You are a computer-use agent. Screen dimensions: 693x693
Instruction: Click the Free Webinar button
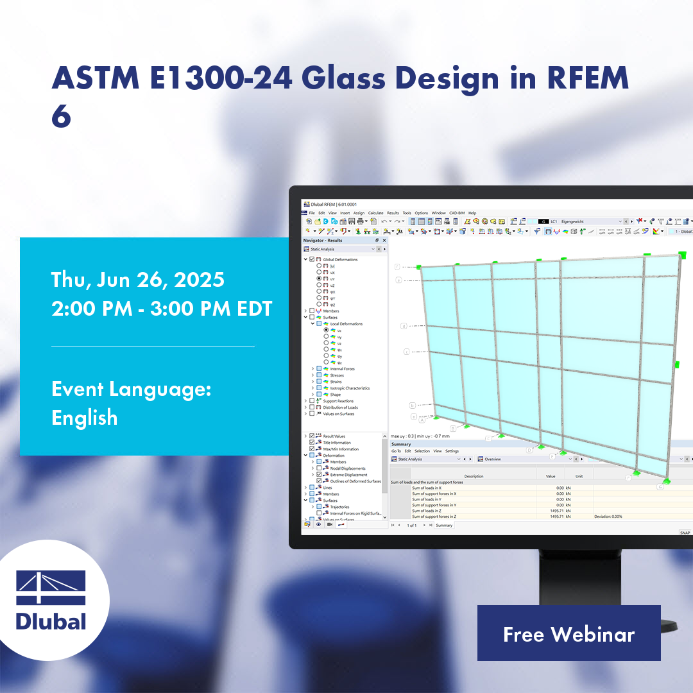point(569,633)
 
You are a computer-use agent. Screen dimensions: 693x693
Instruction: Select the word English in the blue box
point(84,418)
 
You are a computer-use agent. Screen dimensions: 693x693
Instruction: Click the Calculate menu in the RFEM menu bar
point(375,213)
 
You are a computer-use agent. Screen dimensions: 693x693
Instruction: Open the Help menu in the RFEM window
point(472,213)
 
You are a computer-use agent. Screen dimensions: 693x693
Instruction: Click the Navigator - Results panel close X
point(384,241)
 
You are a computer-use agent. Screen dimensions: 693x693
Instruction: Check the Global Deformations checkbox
point(312,260)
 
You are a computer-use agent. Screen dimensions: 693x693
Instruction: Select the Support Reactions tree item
point(338,401)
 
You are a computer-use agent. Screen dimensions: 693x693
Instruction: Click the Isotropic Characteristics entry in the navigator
point(350,388)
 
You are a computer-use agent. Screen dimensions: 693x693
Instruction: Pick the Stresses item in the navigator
point(337,375)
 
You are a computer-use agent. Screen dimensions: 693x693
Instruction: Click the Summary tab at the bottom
point(444,525)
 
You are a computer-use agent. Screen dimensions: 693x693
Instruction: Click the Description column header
point(474,476)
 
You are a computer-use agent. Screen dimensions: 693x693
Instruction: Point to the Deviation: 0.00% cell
point(608,517)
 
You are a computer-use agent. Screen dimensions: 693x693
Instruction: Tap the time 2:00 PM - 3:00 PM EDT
point(162,309)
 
